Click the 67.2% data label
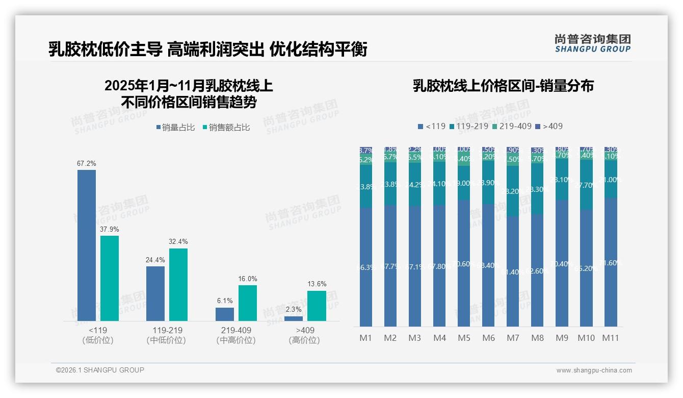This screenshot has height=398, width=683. [x=87, y=164]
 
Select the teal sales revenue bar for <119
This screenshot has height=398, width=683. [x=110, y=278]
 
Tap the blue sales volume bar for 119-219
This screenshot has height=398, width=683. [x=155, y=293]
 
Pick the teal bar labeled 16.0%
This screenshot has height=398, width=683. [x=248, y=303]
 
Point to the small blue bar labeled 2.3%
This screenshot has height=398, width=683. [x=294, y=318]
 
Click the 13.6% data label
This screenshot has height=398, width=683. [x=317, y=284]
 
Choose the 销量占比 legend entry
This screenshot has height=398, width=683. [x=175, y=128]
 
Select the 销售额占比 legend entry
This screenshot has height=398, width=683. [x=226, y=128]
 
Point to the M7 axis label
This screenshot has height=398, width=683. [x=513, y=338]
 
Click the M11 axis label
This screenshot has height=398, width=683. [x=611, y=338]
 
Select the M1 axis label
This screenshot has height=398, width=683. [x=366, y=338]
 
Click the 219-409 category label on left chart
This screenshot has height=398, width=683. [x=236, y=330]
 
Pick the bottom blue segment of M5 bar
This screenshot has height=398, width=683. [x=464, y=263]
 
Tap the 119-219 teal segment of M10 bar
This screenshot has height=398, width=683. [x=586, y=185]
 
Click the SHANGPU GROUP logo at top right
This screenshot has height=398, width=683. [x=592, y=43]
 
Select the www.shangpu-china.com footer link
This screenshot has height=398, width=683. [x=594, y=370]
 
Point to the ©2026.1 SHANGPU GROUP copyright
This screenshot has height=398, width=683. [x=100, y=370]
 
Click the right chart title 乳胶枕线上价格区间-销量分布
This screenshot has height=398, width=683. [x=503, y=86]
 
